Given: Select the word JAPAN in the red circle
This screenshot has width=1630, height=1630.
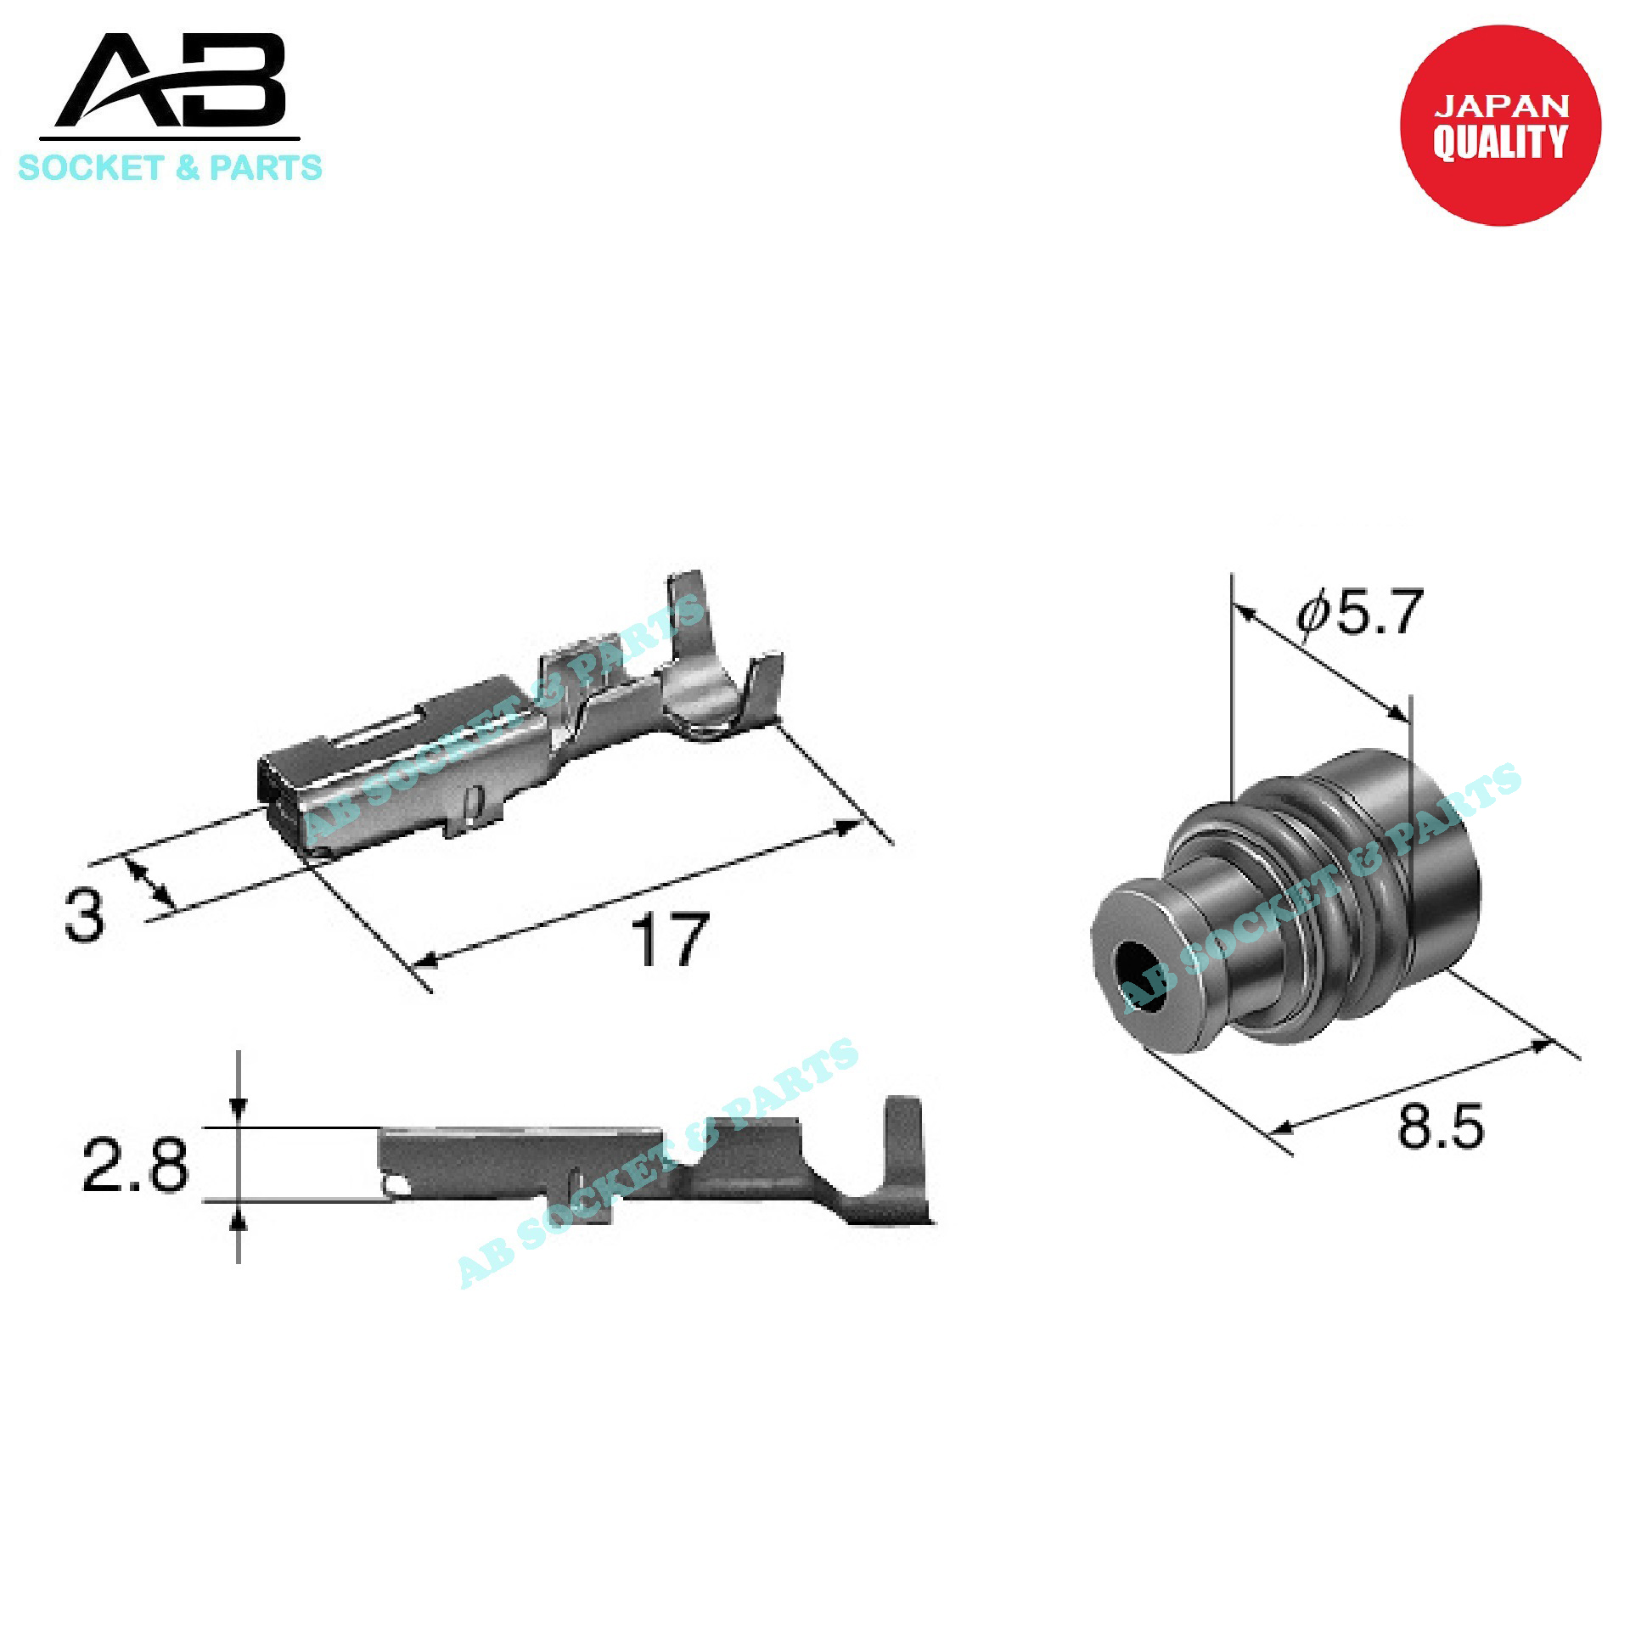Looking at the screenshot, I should [x=1501, y=106].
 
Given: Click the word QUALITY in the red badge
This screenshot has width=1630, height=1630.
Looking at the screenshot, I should [x=1500, y=141].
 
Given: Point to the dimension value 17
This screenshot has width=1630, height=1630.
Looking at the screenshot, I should [x=668, y=939].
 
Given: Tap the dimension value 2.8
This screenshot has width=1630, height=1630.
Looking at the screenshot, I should [x=135, y=1165].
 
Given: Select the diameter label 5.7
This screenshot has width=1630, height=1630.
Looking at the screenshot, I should [x=1359, y=612].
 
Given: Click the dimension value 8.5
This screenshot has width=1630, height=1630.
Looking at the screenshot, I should [x=1440, y=1126].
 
